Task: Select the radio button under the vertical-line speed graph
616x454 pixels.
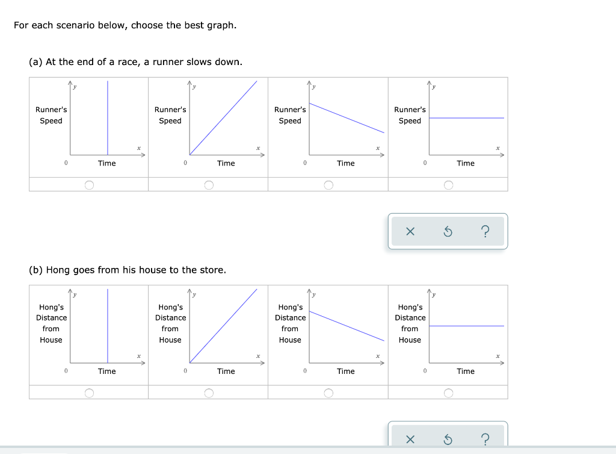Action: pos(89,185)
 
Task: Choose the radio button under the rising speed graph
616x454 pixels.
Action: pos(208,185)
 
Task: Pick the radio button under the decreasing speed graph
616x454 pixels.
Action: pos(328,185)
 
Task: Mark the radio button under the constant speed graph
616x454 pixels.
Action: pos(448,185)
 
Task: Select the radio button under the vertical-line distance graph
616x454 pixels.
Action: pos(89,393)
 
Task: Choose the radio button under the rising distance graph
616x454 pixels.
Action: pos(208,393)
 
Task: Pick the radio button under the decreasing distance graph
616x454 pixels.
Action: pos(328,393)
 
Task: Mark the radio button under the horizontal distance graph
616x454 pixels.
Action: pos(448,393)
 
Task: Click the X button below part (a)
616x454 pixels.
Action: pos(410,232)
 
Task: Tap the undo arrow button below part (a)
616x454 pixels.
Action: pos(448,232)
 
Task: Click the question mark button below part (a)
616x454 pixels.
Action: pos(485,232)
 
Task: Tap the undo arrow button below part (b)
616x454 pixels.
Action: pos(448,440)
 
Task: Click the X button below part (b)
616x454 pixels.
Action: pos(410,440)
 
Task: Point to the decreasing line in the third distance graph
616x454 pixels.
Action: pos(346,326)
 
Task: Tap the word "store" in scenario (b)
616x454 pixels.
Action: pos(211,270)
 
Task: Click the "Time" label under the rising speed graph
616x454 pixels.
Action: pos(226,163)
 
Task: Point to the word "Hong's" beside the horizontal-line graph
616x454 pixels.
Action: pos(410,307)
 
